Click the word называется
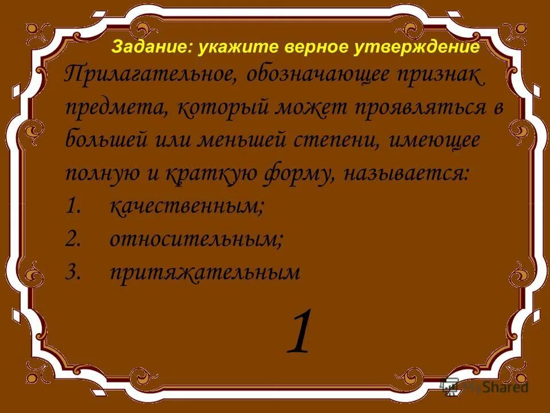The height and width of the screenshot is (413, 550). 406,174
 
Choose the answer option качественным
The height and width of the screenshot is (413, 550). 187,206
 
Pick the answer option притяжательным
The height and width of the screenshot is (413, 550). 205,272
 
